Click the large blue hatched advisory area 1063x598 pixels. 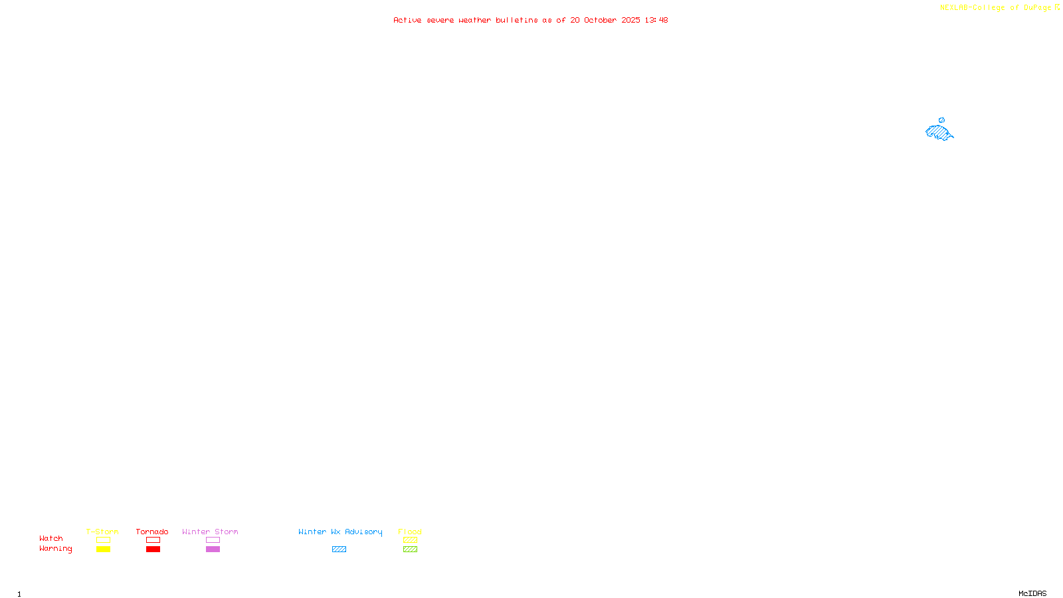[x=939, y=132]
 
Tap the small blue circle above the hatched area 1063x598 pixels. [x=941, y=120]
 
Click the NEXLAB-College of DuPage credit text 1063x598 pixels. [x=995, y=8]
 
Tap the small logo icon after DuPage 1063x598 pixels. [x=1057, y=7]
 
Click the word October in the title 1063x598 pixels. [x=600, y=20]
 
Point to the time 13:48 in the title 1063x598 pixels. [x=656, y=20]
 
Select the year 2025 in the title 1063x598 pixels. [x=630, y=20]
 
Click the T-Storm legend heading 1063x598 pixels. [x=102, y=532]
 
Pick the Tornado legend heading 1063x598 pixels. [x=152, y=532]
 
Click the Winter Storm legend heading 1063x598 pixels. [x=210, y=532]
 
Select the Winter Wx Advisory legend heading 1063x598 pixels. [x=340, y=532]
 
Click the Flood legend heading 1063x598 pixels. [x=410, y=532]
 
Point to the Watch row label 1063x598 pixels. [x=51, y=538]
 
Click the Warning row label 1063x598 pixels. [x=55, y=549]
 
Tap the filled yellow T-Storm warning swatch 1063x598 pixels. [x=103, y=549]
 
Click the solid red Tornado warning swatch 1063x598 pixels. [x=153, y=549]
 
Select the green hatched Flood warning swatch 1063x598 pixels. [x=410, y=549]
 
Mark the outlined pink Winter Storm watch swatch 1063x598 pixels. [x=213, y=540]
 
